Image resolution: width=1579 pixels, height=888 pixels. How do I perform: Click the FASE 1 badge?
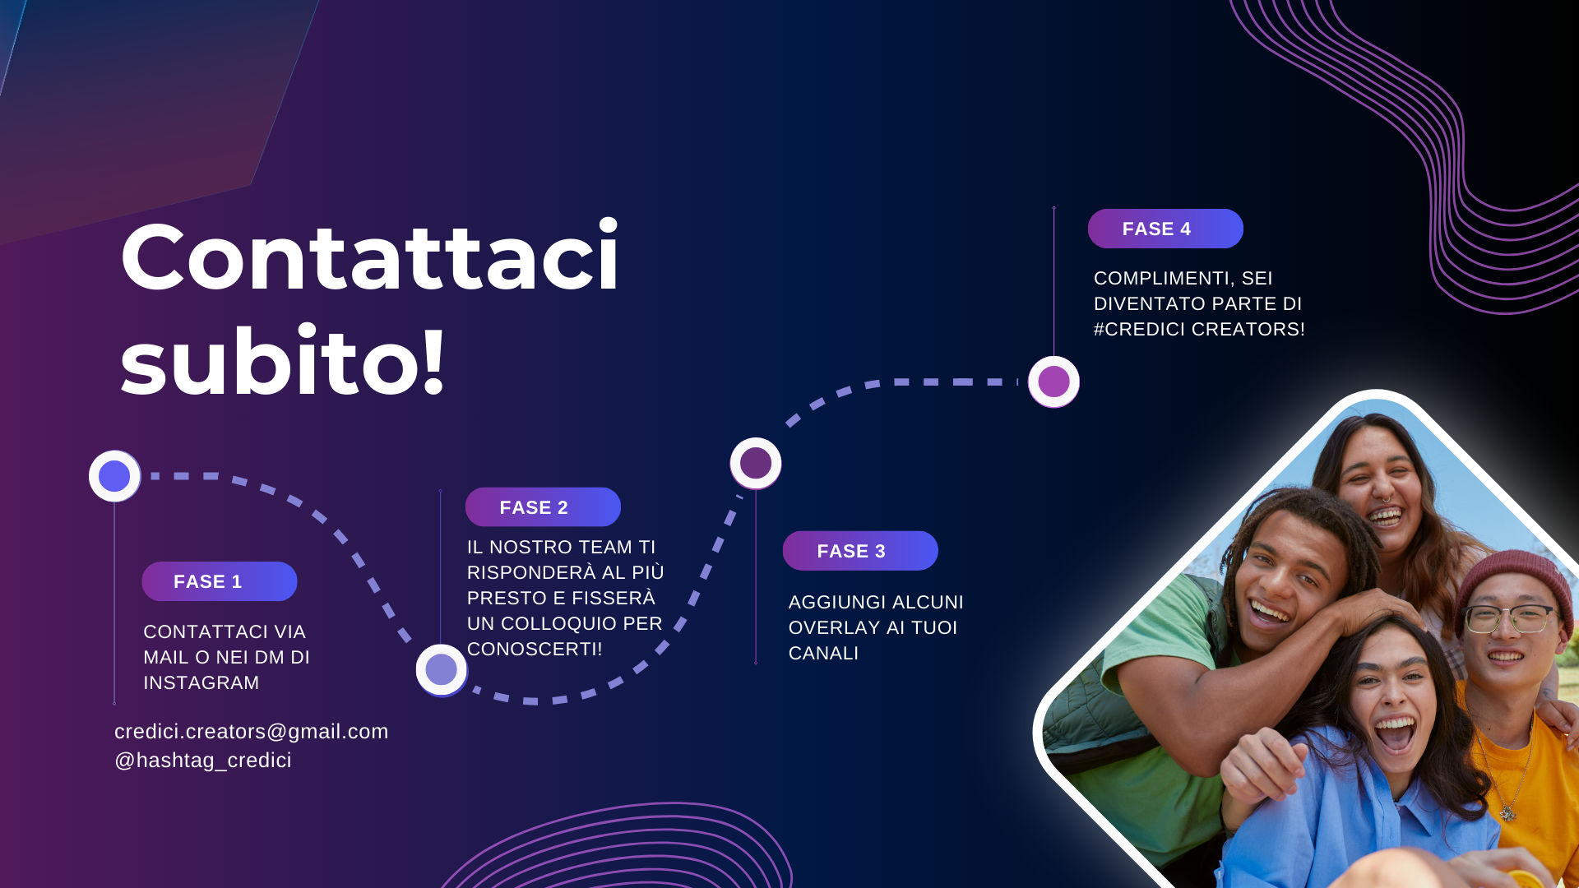coord(220,581)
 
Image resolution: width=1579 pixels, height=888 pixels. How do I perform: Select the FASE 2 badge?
coord(543,507)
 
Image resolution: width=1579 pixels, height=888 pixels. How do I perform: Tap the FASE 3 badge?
coord(860,551)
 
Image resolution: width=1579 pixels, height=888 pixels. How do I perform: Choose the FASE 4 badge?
coord(1165,229)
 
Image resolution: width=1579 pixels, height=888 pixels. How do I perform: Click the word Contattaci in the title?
coord(370,257)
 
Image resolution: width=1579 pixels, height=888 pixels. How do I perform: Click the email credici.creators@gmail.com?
coord(252,731)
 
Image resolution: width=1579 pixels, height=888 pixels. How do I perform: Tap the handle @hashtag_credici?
coord(203,760)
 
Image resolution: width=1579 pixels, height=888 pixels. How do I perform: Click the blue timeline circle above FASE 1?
coord(114,476)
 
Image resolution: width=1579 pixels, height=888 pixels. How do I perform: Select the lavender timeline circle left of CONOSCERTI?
coord(442,669)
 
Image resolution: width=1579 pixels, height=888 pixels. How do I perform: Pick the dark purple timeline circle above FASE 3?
coord(756,463)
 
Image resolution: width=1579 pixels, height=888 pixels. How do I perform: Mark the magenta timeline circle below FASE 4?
coord(1053,382)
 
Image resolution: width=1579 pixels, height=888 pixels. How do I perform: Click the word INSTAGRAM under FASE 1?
coord(201,683)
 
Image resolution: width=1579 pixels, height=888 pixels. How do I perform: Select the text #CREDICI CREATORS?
coord(1199,330)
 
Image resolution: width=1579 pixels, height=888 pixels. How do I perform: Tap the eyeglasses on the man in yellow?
coord(1512,618)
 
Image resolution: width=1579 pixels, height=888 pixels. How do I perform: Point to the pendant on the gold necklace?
coord(1507,813)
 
